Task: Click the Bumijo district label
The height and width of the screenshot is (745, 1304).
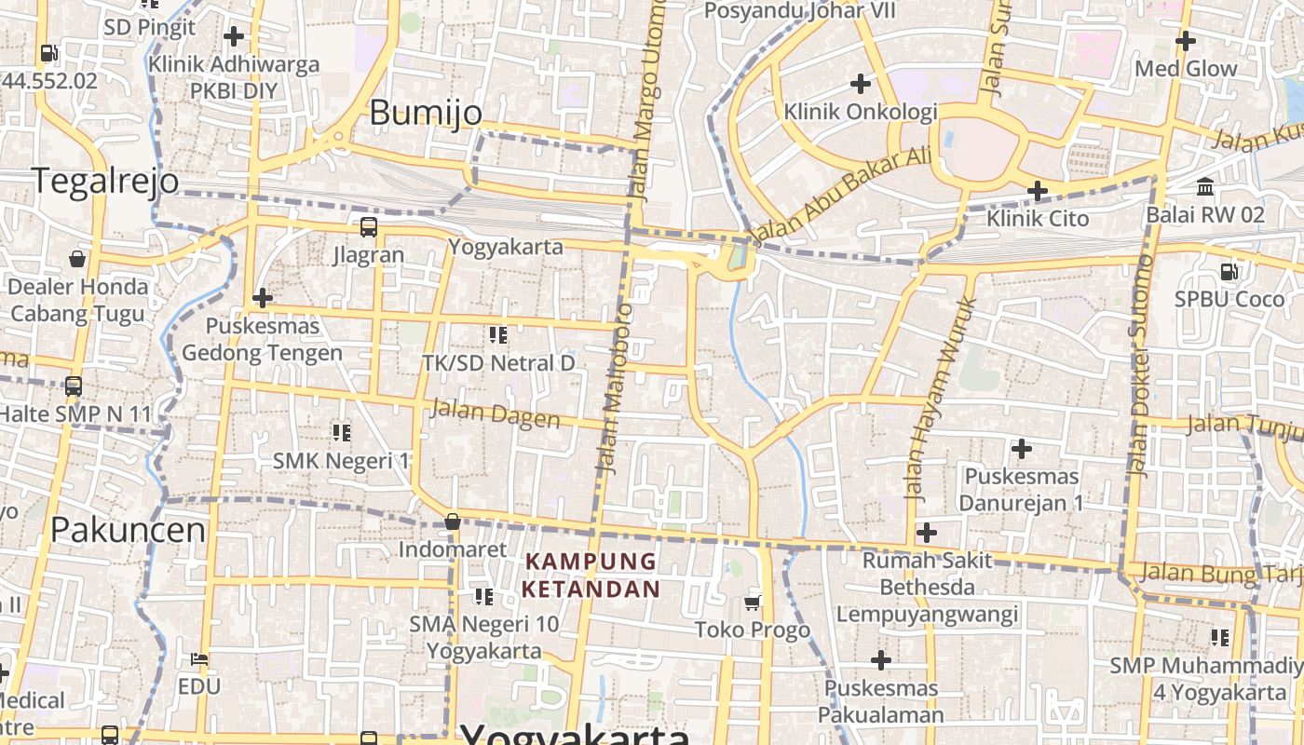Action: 426,113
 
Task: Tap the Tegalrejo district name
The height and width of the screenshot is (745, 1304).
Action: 105,180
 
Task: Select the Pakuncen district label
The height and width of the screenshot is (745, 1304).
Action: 128,530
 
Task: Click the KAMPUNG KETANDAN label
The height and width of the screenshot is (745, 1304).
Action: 591,575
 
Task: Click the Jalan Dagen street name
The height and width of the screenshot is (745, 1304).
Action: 495,413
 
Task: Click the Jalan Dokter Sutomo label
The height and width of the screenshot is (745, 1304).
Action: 1140,366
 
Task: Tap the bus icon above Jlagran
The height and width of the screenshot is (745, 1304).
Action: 369,226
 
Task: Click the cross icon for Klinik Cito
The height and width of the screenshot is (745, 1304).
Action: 1037,192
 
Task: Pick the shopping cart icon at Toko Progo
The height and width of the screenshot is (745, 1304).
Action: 753,603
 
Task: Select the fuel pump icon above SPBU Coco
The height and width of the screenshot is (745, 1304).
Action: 1229,272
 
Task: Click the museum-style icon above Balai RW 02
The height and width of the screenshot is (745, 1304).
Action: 1205,187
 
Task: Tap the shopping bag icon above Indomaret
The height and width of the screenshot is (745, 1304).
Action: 453,521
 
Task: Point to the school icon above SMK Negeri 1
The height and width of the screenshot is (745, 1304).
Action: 341,432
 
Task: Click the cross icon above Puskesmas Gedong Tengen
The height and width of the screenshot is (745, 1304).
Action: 263,298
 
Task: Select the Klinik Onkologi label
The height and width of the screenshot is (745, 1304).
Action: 860,112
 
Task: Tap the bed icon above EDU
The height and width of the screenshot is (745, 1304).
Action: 199,659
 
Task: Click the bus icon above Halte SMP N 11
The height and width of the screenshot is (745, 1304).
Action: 74,386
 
